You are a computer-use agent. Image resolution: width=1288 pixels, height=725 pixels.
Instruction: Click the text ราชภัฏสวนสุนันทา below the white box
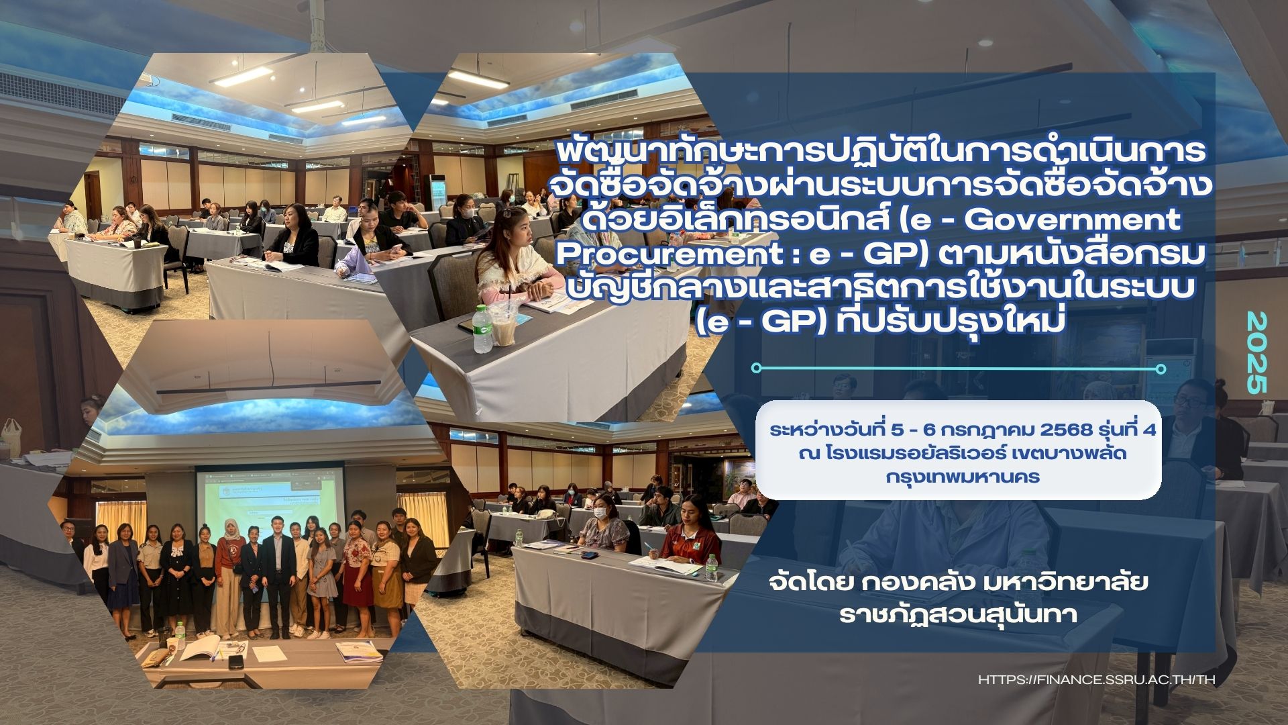(x=959, y=614)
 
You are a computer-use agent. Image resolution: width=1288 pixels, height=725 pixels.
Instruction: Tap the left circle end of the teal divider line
(x=757, y=368)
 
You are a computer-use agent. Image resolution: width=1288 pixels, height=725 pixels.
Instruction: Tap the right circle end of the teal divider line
(x=1161, y=369)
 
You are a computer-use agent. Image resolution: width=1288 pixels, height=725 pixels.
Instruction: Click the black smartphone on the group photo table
(x=235, y=662)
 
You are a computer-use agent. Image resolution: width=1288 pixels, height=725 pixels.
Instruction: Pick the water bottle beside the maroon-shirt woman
(x=711, y=568)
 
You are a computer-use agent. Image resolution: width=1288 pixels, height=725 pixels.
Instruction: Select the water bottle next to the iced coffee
(x=482, y=329)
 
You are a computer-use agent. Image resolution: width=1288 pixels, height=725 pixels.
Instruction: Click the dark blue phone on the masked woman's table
(x=588, y=554)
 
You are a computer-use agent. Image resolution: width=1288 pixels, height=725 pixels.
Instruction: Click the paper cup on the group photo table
(x=171, y=646)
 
